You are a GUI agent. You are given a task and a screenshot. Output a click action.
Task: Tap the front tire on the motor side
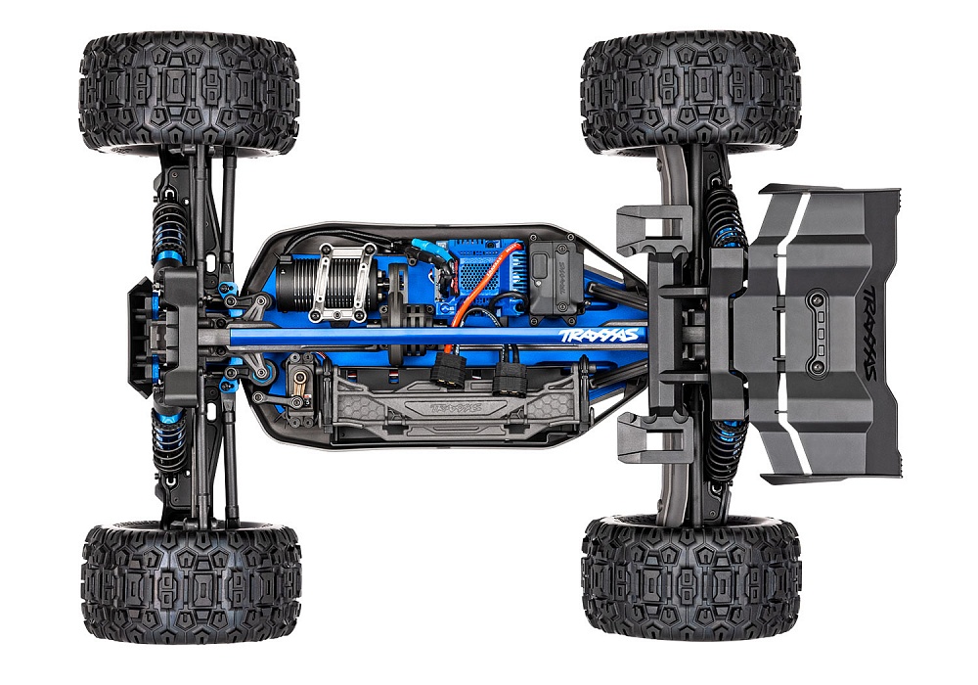tap(189, 94)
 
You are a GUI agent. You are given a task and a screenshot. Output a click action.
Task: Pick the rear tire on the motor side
tap(690, 94)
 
